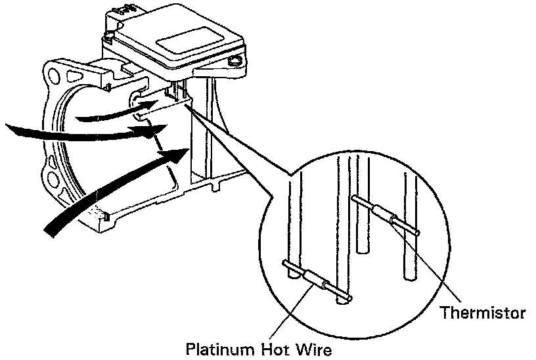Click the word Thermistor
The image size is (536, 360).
click(483, 313)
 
